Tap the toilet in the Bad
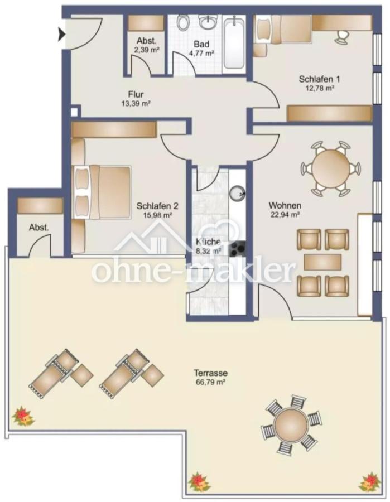184,23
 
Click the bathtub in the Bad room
234,44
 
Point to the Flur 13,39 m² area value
135,104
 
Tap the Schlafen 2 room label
157,206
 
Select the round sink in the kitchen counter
238,192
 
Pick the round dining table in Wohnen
330,168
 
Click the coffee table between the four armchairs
322,262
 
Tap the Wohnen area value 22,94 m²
285,215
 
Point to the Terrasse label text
210,373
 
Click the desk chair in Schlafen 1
341,36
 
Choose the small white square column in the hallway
74,112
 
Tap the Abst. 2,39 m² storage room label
146,45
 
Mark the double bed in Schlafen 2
102,192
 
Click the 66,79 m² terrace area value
210,382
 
